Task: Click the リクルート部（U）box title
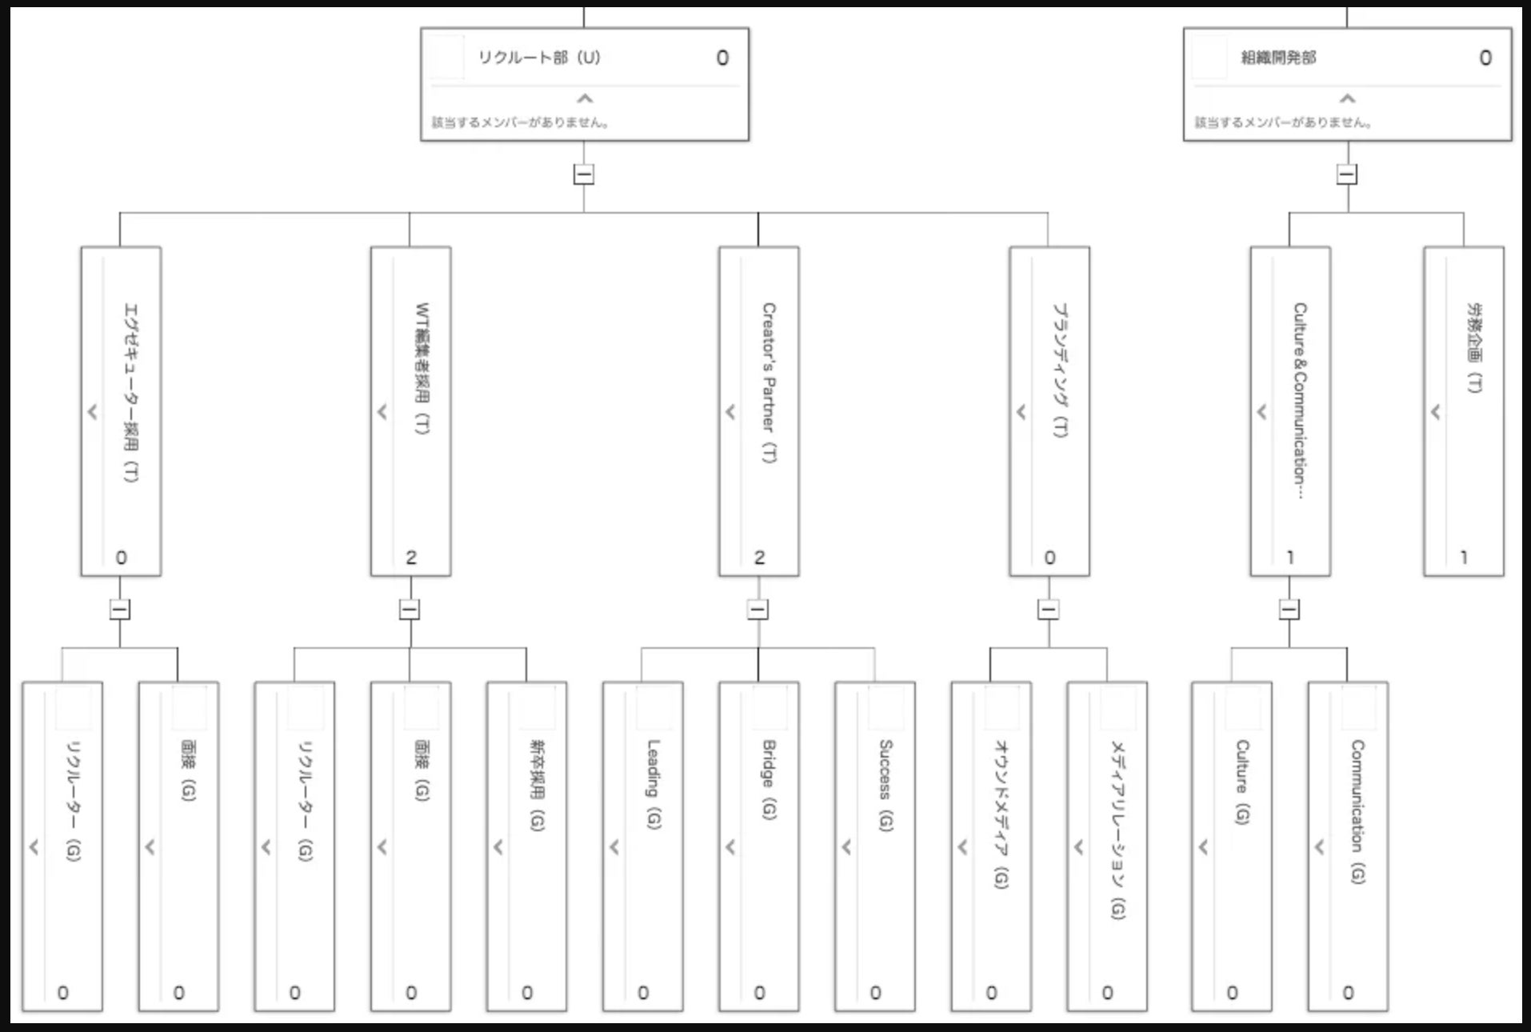(x=539, y=58)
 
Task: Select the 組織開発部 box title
(x=1278, y=58)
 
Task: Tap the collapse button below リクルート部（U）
(x=584, y=174)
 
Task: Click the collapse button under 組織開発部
(x=1347, y=174)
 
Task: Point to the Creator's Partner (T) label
(x=768, y=382)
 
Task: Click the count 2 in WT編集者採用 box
(x=411, y=558)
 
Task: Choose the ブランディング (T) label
(x=1060, y=370)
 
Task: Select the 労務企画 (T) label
(x=1473, y=347)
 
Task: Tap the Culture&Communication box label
(x=1300, y=400)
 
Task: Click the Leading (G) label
(x=654, y=784)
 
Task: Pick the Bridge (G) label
(x=769, y=779)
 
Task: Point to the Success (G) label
(x=885, y=785)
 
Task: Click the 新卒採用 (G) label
(x=537, y=785)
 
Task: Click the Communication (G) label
(x=1357, y=811)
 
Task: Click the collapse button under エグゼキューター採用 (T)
(x=120, y=610)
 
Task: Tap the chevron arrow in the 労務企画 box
(x=1436, y=412)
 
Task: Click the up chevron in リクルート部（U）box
(x=585, y=98)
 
